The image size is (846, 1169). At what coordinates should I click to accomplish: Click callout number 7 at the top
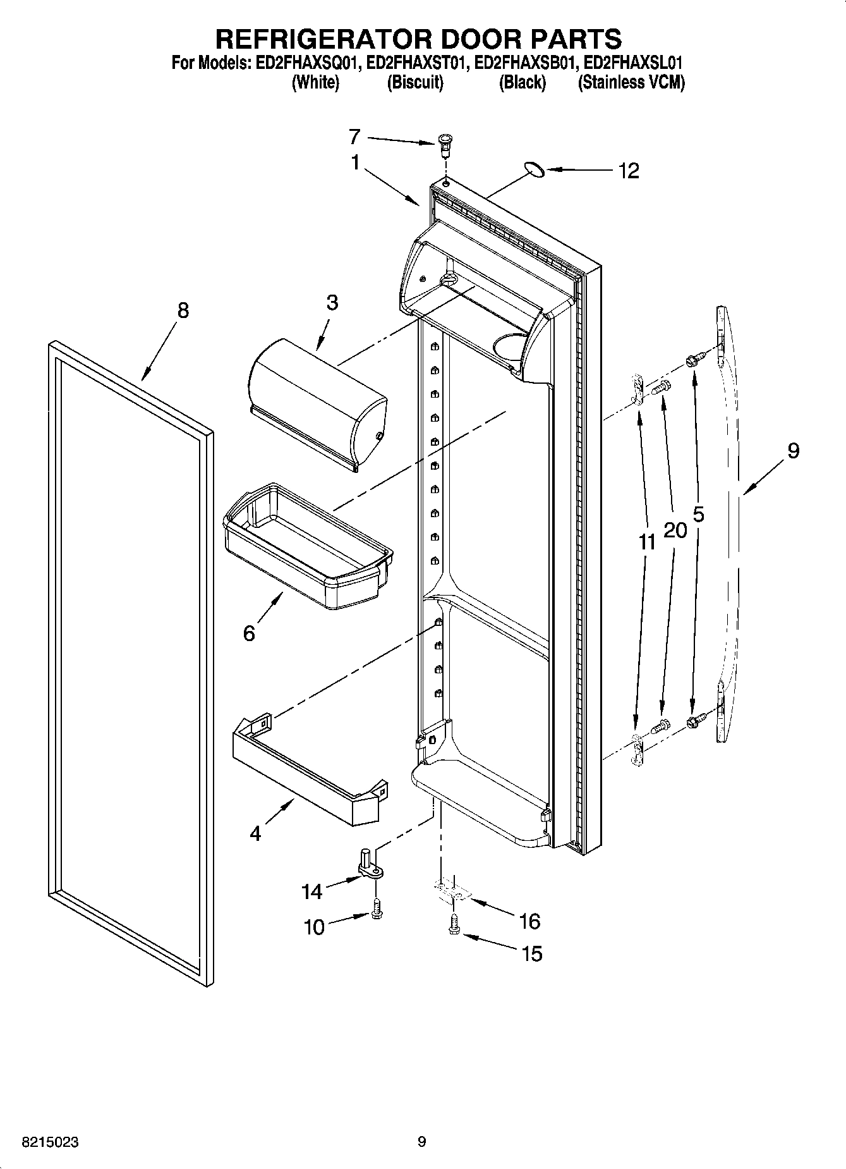pyautogui.click(x=354, y=136)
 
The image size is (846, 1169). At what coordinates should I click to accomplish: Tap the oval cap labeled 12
pyautogui.click(x=535, y=168)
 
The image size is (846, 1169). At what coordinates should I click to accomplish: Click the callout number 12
pyautogui.click(x=629, y=171)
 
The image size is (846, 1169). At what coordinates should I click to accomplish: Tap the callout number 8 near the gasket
pyautogui.click(x=183, y=310)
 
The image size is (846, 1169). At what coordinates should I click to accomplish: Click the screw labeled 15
pyautogui.click(x=454, y=927)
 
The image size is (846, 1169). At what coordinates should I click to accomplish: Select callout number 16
pyautogui.click(x=529, y=921)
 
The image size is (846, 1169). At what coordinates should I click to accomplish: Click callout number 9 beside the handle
pyautogui.click(x=793, y=451)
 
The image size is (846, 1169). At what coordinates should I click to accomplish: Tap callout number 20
pyautogui.click(x=675, y=530)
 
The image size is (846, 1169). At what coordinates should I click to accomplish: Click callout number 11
pyautogui.click(x=647, y=542)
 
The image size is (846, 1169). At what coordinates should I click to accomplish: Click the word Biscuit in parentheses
pyautogui.click(x=414, y=83)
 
